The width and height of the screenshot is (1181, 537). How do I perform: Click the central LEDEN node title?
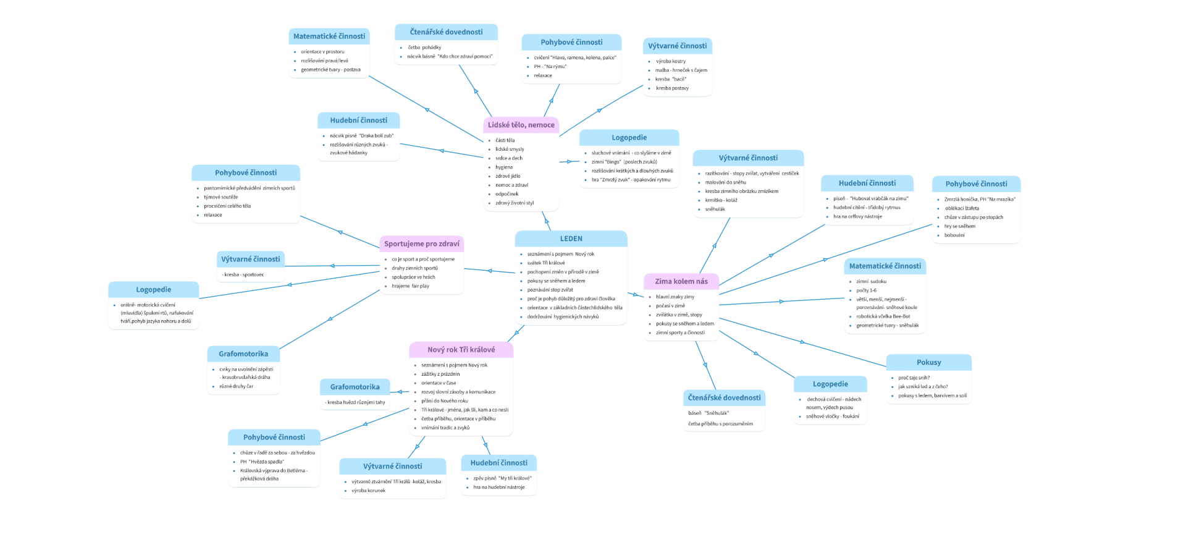tap(571, 239)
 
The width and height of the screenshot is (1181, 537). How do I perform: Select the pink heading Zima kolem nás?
tap(681, 281)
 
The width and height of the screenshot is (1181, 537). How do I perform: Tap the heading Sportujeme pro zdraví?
tap(422, 243)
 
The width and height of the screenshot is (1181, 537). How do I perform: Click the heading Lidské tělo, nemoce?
tap(521, 125)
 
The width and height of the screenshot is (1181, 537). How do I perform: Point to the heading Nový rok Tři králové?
tap(461, 350)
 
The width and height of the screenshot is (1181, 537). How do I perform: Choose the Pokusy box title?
tap(928, 363)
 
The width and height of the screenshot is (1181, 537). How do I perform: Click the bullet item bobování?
tap(954, 235)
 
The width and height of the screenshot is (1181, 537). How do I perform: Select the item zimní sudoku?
tap(871, 281)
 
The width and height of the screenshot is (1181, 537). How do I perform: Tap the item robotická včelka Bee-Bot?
tap(883, 316)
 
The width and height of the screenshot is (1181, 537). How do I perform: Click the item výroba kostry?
tap(671, 61)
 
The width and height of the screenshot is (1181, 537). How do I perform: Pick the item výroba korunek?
tap(368, 491)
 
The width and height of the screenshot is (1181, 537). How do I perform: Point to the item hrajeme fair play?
tap(410, 286)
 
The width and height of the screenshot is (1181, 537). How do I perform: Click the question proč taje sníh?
tap(914, 378)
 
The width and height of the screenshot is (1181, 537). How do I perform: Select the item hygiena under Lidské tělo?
tap(503, 167)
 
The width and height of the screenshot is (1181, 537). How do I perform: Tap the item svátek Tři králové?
tap(545, 263)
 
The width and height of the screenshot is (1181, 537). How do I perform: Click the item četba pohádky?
tap(424, 48)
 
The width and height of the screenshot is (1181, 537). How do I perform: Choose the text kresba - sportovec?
tap(243, 274)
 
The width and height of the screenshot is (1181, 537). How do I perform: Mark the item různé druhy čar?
tap(236, 386)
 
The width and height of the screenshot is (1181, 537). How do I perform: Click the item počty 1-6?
tap(866, 290)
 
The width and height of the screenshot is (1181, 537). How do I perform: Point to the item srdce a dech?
tap(508, 158)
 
